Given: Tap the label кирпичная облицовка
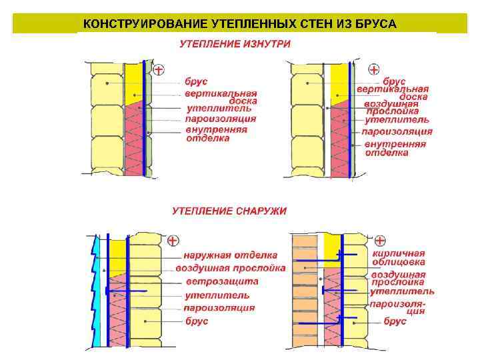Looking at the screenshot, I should pos(399,258).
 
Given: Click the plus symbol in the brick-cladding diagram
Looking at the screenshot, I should pos(379,240).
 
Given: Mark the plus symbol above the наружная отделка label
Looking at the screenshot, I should pos(173,240).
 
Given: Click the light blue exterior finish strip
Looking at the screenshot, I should pos(97,293).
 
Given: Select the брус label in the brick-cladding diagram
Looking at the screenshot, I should pos(395,321).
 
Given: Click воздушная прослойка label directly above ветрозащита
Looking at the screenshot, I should pos(231,268).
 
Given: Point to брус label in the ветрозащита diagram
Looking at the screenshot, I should pos(197,321).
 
